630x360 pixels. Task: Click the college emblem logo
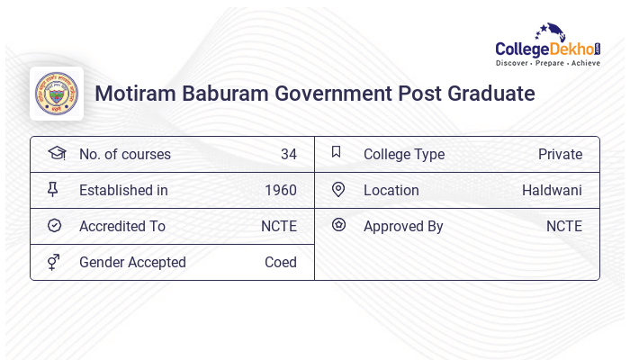pyautogui.click(x=57, y=94)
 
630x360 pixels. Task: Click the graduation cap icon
pyautogui.click(x=56, y=153)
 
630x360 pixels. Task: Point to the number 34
pyautogui.click(x=288, y=154)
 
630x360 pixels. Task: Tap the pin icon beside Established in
pyautogui.click(x=54, y=190)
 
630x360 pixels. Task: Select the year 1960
pyautogui.click(x=281, y=190)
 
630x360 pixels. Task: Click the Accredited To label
pyautogui.click(x=122, y=226)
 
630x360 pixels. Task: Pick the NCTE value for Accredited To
pyautogui.click(x=278, y=226)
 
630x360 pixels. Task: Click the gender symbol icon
pyautogui.click(x=54, y=262)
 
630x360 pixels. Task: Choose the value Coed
pyautogui.click(x=280, y=262)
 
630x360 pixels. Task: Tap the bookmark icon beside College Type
pyautogui.click(x=337, y=152)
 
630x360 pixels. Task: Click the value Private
pyautogui.click(x=560, y=154)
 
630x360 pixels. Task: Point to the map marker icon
pyautogui.click(x=338, y=189)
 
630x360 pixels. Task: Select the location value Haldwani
pyautogui.click(x=552, y=190)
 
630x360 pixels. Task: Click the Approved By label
pyautogui.click(x=403, y=226)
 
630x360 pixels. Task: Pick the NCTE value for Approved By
pyautogui.click(x=563, y=226)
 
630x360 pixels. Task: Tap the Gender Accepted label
pyautogui.click(x=132, y=262)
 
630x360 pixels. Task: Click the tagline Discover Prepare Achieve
pyautogui.click(x=547, y=64)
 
